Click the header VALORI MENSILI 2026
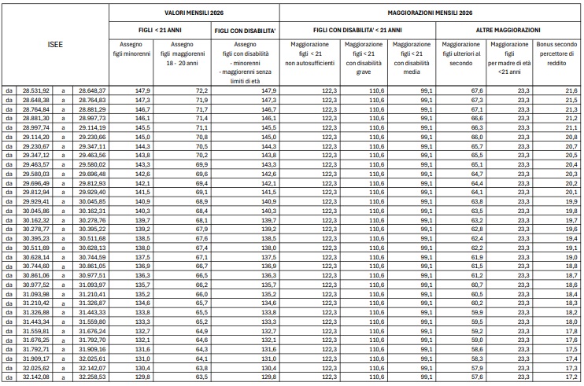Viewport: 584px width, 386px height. [x=193, y=13]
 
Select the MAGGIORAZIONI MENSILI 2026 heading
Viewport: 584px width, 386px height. [x=431, y=13]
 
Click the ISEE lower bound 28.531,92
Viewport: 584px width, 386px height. [x=35, y=91]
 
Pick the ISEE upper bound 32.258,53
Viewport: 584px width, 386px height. [x=91, y=377]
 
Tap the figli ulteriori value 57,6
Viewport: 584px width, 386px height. [x=475, y=377]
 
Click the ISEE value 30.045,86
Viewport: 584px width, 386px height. [x=35, y=211]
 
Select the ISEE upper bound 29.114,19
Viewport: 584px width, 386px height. [x=91, y=127]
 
